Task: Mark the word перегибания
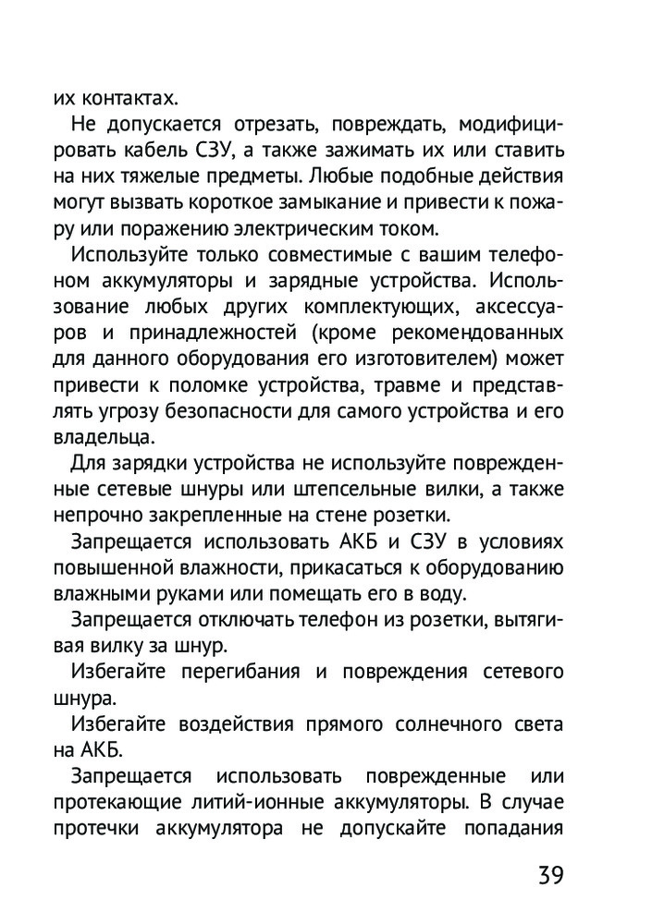click(233, 670)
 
